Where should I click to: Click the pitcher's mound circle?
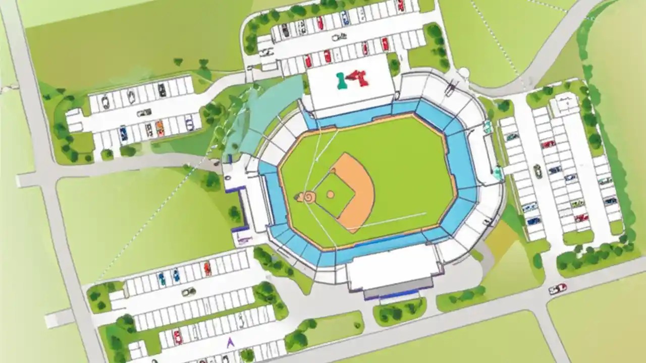[x=330, y=194]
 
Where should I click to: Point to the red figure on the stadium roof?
[x=360, y=78]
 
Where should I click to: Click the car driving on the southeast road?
[x=557, y=289]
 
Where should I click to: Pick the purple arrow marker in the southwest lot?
[x=230, y=343]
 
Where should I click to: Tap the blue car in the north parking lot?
[x=345, y=19]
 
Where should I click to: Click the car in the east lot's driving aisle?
[x=537, y=171]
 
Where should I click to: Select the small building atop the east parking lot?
[x=564, y=105]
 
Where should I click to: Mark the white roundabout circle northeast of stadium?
[x=463, y=73]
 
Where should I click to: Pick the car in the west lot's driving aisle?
[x=143, y=112]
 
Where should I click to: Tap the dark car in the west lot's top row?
[x=161, y=90]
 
